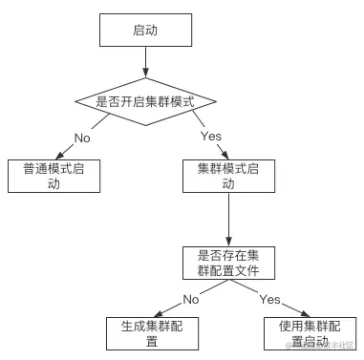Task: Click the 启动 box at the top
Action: coord(144,32)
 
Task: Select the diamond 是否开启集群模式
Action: coord(144,101)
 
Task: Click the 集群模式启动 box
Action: coord(228,176)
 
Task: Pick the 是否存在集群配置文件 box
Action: coord(228,264)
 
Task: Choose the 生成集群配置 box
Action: coord(152,333)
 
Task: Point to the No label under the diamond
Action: coord(83,137)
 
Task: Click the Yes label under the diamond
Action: coord(211,137)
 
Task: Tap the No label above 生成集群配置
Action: coord(191,300)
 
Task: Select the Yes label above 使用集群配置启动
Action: coord(269,300)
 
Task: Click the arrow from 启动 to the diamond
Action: coord(144,63)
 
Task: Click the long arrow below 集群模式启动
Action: coord(228,220)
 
